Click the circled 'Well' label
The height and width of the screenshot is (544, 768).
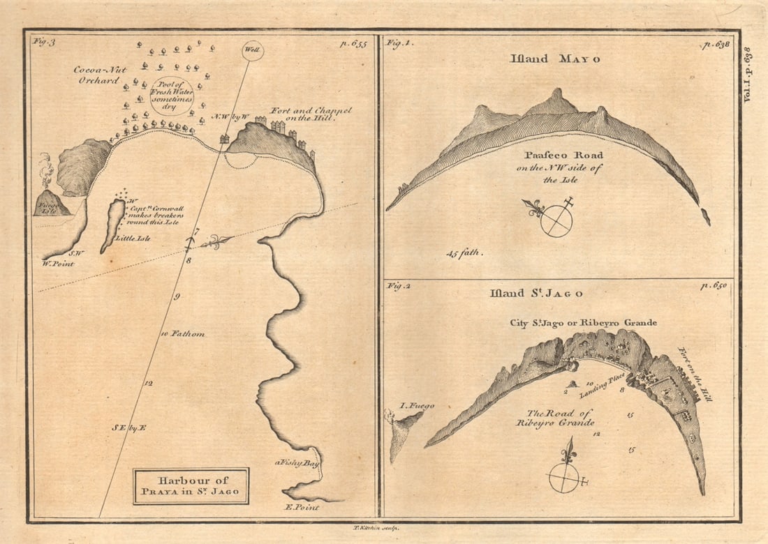click(252, 50)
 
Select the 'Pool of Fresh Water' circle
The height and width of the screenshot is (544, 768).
click(172, 96)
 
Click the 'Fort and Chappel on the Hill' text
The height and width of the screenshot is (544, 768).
click(311, 114)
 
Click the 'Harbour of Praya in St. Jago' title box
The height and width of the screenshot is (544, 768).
click(191, 486)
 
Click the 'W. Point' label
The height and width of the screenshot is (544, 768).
click(58, 263)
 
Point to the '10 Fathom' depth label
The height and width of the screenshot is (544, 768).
click(182, 334)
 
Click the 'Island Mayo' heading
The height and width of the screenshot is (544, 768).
click(556, 59)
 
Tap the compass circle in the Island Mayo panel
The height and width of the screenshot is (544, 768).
click(556, 221)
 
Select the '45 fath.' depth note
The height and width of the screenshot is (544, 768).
click(464, 252)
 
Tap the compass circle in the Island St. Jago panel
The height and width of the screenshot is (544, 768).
click(565, 478)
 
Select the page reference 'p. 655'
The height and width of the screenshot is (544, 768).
click(353, 43)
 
